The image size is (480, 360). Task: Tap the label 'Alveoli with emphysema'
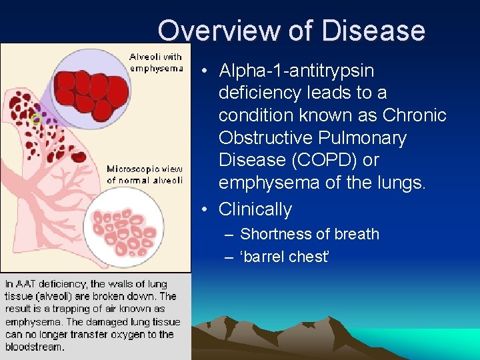point(156,63)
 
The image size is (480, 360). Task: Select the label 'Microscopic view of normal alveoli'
point(145,175)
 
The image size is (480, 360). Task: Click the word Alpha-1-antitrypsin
point(296,71)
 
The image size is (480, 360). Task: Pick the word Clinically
point(255,209)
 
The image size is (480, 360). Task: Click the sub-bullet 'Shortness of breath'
point(309,235)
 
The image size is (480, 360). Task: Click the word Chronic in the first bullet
point(414,115)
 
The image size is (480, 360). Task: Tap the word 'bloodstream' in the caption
point(35,347)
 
